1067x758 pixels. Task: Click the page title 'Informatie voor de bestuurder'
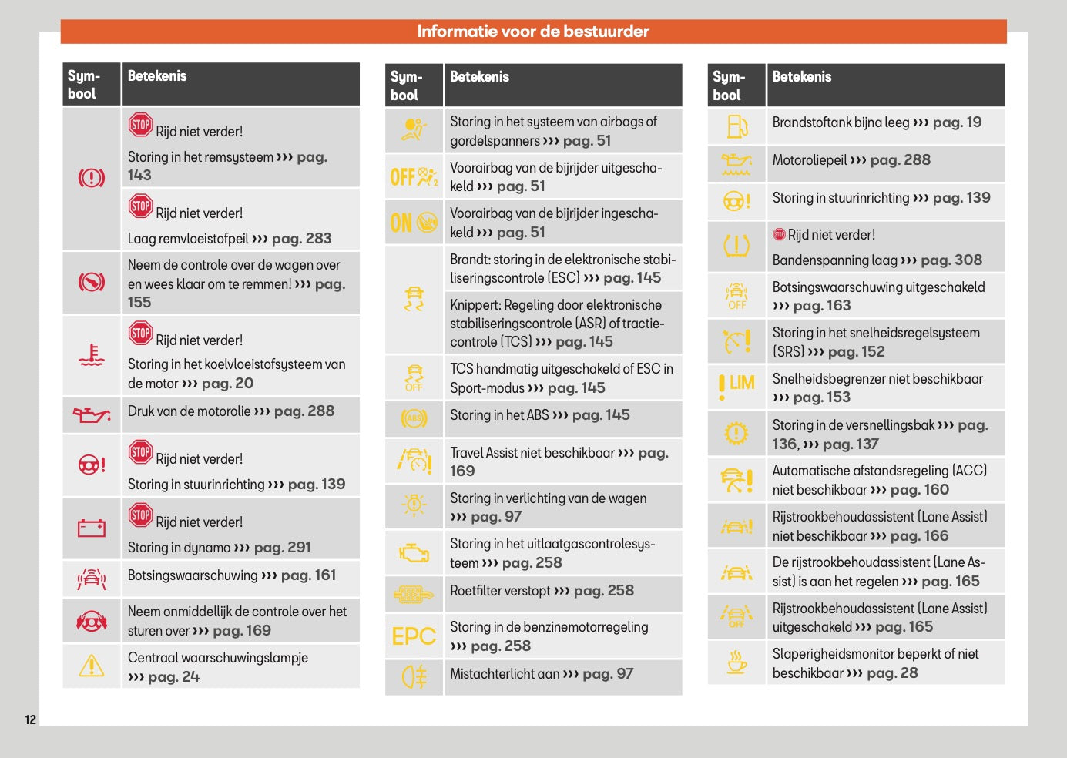click(533, 32)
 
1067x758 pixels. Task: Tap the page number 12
click(30, 719)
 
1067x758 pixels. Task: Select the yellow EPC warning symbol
click(414, 636)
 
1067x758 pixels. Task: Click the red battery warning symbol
click(91, 528)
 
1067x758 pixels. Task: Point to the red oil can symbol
click(91, 414)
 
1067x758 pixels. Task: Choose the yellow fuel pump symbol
click(736, 126)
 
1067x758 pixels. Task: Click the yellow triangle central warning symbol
click(91, 666)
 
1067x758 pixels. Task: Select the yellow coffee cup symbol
click(736, 662)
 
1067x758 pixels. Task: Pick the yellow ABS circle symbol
click(414, 418)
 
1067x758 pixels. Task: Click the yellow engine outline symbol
click(414, 552)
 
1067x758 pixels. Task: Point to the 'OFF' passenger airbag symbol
click(414, 176)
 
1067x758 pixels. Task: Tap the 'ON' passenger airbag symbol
click(414, 223)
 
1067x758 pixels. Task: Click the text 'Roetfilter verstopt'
click(501, 591)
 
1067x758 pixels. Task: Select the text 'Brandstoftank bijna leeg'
click(841, 122)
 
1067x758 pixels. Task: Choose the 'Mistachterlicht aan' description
click(505, 674)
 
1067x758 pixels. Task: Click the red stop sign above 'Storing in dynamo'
click(140, 515)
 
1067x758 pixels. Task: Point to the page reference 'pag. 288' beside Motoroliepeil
click(900, 160)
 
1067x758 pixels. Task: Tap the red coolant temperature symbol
click(91, 355)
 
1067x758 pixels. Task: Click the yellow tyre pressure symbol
click(736, 247)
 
